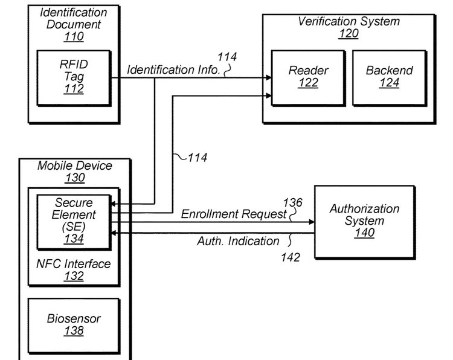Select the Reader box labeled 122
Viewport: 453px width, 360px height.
click(x=308, y=76)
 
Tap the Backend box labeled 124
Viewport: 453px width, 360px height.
click(x=389, y=76)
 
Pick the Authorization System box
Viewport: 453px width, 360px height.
click(x=364, y=220)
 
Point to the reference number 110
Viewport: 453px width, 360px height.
click(x=74, y=36)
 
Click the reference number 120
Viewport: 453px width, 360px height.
click(x=349, y=34)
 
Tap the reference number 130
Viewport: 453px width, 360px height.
click(x=75, y=178)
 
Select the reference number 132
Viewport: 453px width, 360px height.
click(x=75, y=276)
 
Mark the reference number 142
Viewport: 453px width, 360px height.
click(x=290, y=257)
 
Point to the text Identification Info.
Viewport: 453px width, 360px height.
click(x=173, y=69)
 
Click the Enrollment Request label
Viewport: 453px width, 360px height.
click(x=233, y=214)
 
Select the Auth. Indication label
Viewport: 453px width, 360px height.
click(x=238, y=241)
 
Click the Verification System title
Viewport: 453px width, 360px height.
click(x=349, y=21)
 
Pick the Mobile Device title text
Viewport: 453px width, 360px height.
click(x=75, y=166)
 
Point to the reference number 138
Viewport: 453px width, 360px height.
click(x=74, y=330)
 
